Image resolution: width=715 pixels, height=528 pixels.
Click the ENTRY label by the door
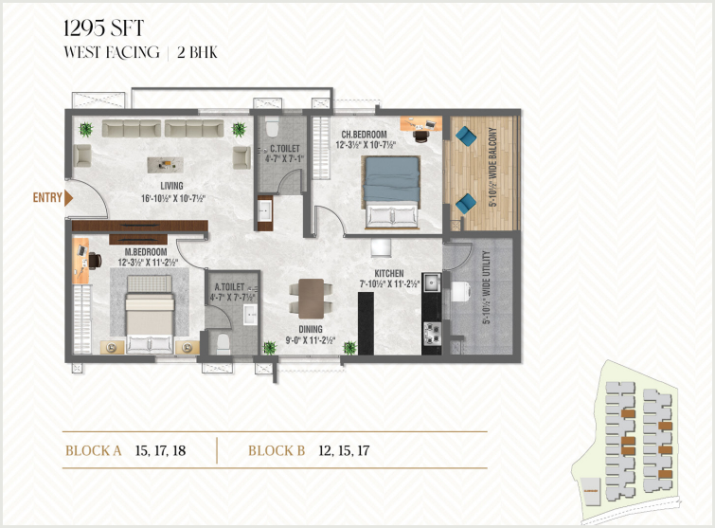pos(47,197)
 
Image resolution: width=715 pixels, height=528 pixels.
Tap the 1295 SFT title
pos(104,28)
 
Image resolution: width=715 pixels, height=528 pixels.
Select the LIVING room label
pos(172,186)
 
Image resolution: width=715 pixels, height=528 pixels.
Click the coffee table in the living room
pos(165,164)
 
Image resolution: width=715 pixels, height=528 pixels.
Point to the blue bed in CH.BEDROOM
pos(392,191)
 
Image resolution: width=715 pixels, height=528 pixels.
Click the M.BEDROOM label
pos(146,251)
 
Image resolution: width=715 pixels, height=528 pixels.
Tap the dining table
pos(312,299)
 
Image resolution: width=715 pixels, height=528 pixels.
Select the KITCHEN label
pos(389,273)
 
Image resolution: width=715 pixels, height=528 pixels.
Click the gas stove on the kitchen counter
pos(432,333)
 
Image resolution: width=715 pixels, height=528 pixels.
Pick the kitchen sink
pos(432,282)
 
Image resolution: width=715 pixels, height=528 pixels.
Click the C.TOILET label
pos(285,148)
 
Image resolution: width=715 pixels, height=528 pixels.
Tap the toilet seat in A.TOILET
pos(223,344)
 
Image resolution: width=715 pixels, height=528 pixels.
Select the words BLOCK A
pos(94,451)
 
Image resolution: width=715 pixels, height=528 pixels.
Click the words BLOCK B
pos(277,451)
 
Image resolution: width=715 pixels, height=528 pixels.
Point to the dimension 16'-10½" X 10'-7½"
pos(173,198)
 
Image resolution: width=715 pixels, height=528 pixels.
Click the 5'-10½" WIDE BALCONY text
pos(492,167)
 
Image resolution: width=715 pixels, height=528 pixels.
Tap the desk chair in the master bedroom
pos(95,261)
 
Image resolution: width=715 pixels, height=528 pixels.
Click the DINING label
pos(311,329)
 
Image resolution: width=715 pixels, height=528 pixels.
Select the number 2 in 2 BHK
pos(181,53)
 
